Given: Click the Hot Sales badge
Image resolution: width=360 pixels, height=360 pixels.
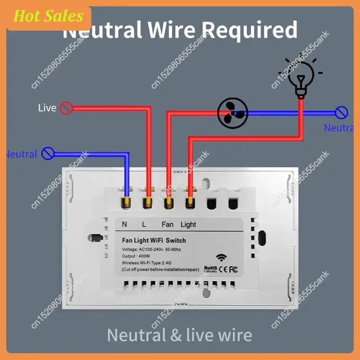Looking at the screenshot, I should (x=49, y=17).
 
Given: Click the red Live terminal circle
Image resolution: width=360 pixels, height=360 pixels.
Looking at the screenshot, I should (x=66, y=108).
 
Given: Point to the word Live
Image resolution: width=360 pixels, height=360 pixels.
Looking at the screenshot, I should (x=47, y=108).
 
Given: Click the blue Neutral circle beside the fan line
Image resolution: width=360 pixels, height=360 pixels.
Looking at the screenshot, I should (x=342, y=113).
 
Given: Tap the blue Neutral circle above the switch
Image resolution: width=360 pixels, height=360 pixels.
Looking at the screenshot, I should (x=48, y=153).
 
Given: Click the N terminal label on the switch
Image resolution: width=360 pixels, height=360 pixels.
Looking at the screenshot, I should (x=125, y=224).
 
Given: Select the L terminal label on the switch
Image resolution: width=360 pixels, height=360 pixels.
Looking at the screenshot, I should (x=144, y=224).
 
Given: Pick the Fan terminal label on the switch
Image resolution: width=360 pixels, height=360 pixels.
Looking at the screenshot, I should (x=167, y=224).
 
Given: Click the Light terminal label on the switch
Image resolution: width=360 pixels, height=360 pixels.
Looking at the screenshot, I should (x=188, y=224).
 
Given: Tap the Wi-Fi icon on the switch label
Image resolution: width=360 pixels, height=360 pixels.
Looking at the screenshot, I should (x=221, y=258).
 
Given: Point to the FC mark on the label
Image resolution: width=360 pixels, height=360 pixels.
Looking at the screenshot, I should (x=234, y=270).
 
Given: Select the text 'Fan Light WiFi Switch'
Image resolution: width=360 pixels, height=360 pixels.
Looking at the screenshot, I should (x=153, y=240).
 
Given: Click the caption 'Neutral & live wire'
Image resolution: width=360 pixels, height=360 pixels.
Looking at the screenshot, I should (x=179, y=335).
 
